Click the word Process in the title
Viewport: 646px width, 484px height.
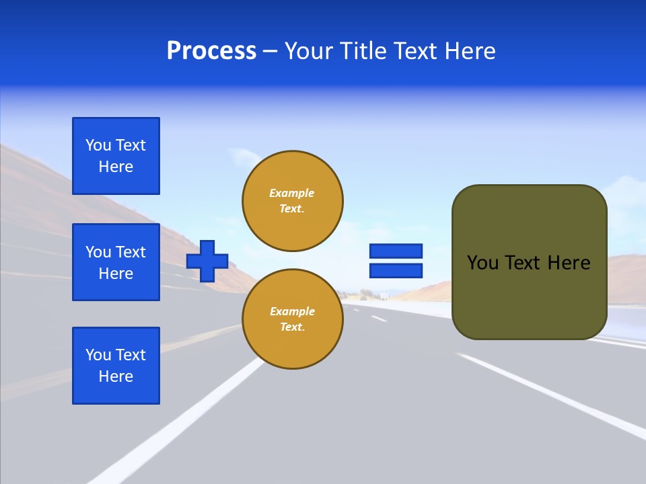[x=211, y=51]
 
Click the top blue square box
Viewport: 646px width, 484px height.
[x=116, y=156]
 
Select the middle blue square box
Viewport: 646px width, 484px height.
[x=116, y=262]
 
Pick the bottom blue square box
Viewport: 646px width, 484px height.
[x=116, y=366]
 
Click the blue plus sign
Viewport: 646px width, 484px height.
[x=207, y=261]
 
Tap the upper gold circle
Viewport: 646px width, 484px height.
[x=293, y=201]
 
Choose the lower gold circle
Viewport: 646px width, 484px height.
[x=293, y=319]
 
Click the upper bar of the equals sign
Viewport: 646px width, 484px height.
[x=396, y=251]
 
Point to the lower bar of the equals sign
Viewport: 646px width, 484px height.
[x=396, y=270]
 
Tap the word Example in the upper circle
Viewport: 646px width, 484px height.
[x=292, y=193]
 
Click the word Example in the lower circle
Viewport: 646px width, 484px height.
[x=292, y=311]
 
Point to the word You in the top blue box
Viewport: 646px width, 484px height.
[x=98, y=145]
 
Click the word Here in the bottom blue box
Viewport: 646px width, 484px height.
[x=116, y=376]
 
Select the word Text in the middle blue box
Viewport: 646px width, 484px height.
[x=131, y=252]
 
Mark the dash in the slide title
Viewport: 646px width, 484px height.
[x=270, y=51]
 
